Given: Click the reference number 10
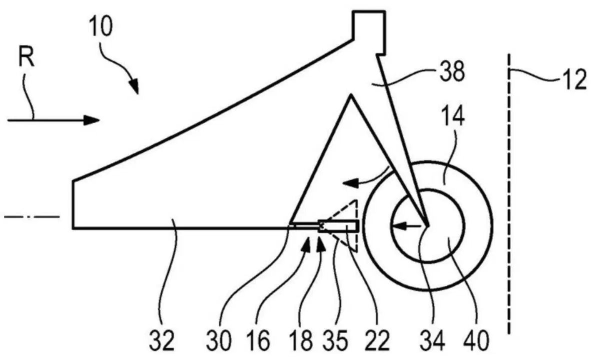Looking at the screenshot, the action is tap(100, 25).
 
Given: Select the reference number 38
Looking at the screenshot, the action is tap(452, 70).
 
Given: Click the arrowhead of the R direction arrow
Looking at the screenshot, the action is tap(91, 120).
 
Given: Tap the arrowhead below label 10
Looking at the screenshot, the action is tap(134, 86).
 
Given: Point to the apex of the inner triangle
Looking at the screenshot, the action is tap(351, 95).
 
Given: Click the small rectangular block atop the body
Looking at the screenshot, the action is tap(369, 32).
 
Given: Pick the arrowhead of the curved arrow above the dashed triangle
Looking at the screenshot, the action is tap(350, 184).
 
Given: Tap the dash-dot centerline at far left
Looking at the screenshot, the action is tap(31, 216).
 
